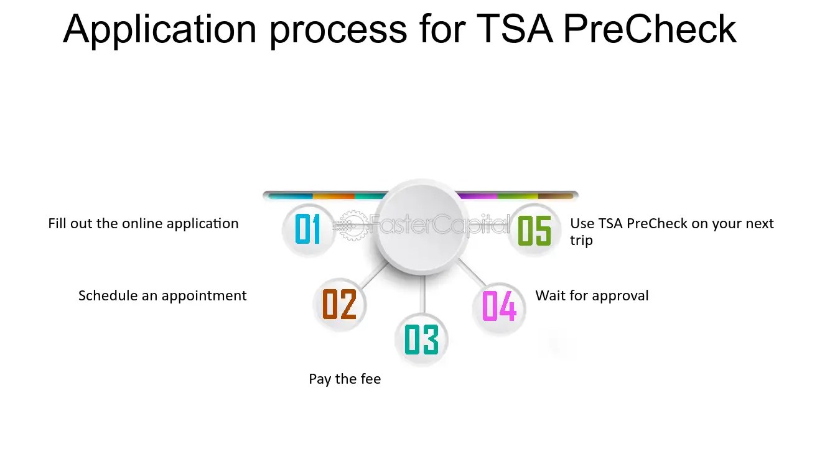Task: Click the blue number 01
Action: pos(307,229)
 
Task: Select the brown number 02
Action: pos(339,305)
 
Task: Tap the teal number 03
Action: pos(421,340)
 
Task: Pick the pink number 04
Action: pos(499,305)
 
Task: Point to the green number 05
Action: pos(534,229)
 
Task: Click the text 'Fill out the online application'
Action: pos(143,224)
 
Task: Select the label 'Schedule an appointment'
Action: pos(162,296)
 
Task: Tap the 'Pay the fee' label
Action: pos(345,379)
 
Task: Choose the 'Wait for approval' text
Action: pos(592,295)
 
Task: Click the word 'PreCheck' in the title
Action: pos(650,29)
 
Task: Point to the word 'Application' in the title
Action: pos(159,29)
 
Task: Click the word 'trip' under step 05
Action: pos(581,241)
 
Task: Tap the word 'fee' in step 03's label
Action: pos(370,379)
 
